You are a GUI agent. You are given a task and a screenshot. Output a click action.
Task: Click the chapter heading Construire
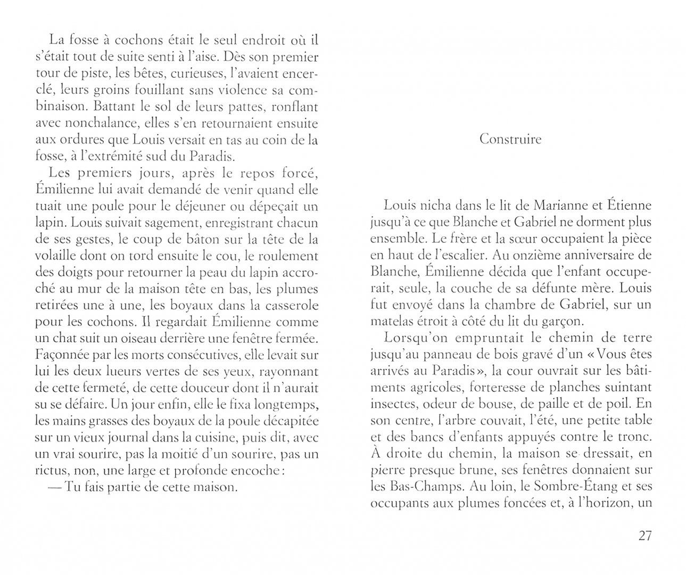pos(510,139)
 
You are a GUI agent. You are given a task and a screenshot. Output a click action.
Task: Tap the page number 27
pos(644,536)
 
